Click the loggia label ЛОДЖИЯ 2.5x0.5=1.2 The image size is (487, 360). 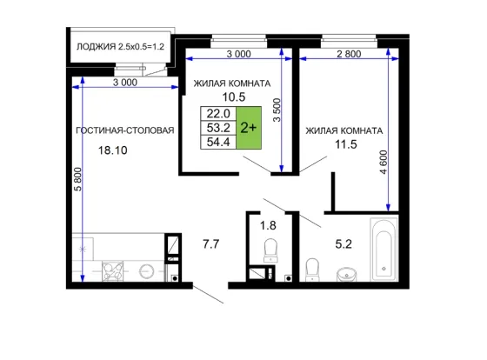pos(120,47)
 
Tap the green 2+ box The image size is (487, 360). pos(249,128)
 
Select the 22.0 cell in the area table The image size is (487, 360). pos(218,114)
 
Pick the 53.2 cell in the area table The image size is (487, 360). pos(218,128)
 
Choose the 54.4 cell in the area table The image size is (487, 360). pos(218,142)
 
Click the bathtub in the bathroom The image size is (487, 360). pos(384,250)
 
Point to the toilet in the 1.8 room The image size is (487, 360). pos(270,250)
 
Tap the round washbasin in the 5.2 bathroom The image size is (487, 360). pos(346,275)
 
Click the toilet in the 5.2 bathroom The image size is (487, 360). pos(312,270)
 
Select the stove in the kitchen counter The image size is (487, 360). pos(113,271)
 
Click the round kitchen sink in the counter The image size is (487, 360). pos(147,271)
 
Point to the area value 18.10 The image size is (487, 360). pos(113,150)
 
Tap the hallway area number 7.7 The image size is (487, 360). pos(210,244)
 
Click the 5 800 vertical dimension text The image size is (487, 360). pos(78,179)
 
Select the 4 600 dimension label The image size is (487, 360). pos(384,162)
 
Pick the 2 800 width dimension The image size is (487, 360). pos(349,54)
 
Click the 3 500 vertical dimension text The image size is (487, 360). pos(277,110)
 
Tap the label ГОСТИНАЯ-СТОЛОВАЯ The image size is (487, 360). pos(125,130)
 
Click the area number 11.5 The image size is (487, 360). pos(346,144)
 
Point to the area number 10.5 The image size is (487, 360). pos(234,97)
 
